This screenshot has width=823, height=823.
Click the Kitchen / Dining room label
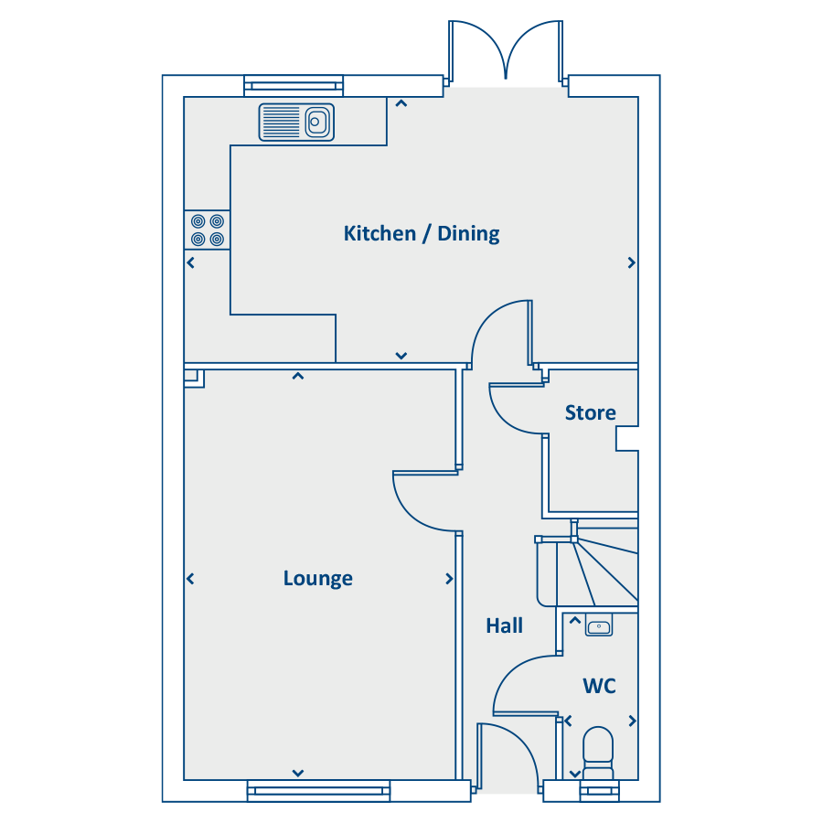coord(422,233)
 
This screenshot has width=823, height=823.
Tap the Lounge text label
coord(317,578)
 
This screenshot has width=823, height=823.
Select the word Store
coord(590,412)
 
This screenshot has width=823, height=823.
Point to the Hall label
coord(505,625)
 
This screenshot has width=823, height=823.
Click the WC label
coord(599,686)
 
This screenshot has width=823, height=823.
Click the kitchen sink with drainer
coord(296,123)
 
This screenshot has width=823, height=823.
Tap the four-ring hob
coord(208,230)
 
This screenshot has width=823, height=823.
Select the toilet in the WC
coord(598,753)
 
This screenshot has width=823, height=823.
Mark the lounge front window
coord(318,790)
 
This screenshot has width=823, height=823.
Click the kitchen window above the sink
coord(294,86)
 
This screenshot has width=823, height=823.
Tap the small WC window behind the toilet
coord(599,790)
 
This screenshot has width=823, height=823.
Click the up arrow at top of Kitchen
coord(401,103)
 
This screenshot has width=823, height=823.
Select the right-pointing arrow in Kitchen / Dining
coord(631,262)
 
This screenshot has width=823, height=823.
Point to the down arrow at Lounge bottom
coord(297,773)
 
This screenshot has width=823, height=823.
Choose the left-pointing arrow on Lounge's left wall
coord(190,579)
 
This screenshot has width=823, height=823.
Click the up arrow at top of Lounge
coord(297,376)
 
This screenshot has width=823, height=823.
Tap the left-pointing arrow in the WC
coord(568,721)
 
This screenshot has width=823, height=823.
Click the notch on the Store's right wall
coord(626,438)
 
